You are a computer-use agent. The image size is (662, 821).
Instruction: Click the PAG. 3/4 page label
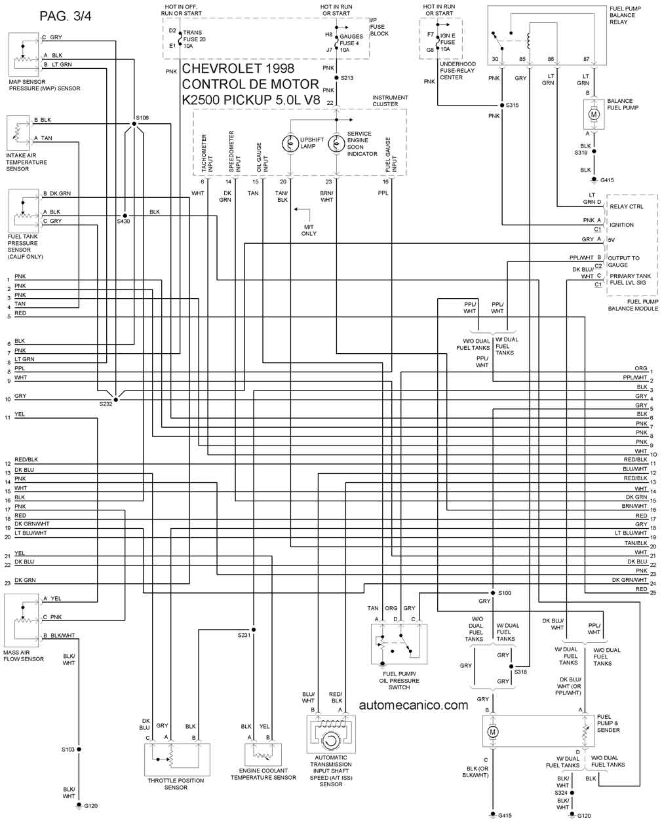(65, 16)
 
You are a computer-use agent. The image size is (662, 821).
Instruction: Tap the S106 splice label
(142, 118)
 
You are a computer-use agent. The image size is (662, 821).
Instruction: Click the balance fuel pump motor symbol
(594, 115)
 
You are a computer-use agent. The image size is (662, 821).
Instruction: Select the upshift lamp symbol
(289, 143)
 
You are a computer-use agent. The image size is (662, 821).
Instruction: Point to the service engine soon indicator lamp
(336, 143)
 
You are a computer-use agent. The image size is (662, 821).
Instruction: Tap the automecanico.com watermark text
(414, 705)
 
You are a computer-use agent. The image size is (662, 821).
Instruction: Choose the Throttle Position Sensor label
(176, 784)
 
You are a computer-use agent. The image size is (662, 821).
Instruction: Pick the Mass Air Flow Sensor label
(24, 655)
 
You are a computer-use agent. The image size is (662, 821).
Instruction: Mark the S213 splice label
(347, 78)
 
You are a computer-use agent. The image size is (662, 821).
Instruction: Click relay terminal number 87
(587, 59)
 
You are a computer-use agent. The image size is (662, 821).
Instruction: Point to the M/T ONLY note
(309, 230)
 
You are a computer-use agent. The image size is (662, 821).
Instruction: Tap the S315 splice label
(512, 105)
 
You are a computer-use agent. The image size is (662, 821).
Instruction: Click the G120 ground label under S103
(90, 805)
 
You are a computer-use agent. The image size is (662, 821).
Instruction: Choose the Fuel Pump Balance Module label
(633, 305)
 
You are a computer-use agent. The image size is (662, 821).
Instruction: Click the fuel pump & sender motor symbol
(494, 731)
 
